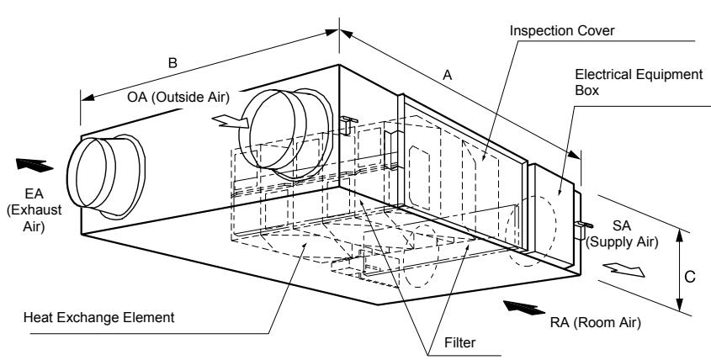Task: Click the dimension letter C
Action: [689, 277]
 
